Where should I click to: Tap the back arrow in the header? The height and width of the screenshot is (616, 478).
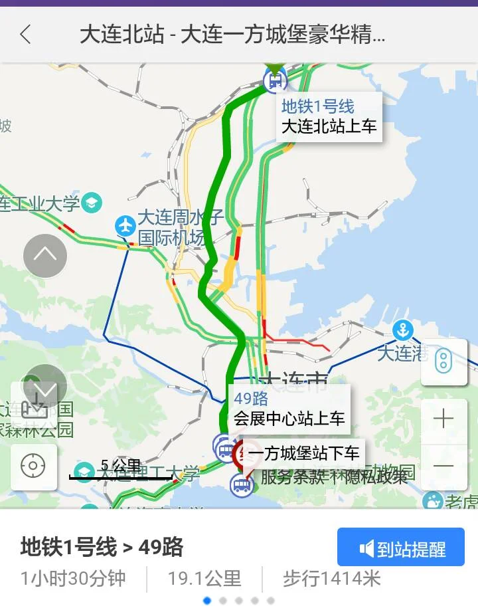(26, 35)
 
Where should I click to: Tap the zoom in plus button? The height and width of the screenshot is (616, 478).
(443, 419)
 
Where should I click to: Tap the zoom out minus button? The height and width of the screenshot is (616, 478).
(443, 466)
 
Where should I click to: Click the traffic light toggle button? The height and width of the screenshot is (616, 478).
(443, 361)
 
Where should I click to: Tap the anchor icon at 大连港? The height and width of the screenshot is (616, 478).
(402, 330)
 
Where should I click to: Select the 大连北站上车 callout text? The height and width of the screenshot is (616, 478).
(329, 126)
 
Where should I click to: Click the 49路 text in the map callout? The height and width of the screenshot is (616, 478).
(251, 399)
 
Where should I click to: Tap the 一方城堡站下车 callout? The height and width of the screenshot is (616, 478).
(303, 453)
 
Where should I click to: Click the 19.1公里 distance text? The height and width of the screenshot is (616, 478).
(204, 578)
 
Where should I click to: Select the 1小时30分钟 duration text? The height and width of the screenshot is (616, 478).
(73, 578)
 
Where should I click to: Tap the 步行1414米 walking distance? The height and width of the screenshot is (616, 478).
(332, 578)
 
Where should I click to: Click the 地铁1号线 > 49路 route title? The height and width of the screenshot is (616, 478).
(102, 547)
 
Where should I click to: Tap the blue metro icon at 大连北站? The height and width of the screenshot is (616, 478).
(274, 81)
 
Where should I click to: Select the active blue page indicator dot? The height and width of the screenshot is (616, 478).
(207, 601)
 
